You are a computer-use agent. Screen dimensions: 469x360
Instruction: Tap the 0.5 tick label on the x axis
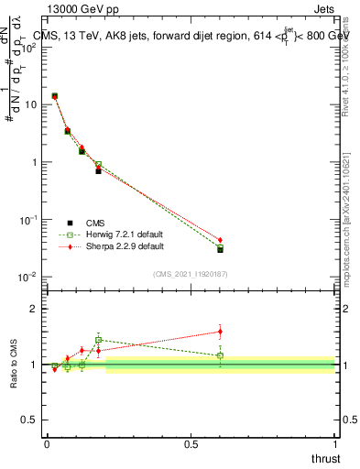coord(191,443)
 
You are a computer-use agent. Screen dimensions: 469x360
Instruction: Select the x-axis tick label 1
coord(335,443)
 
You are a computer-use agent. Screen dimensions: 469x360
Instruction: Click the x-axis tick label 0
coord(47,443)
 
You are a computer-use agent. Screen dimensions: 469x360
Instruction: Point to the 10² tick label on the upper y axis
coord(28,48)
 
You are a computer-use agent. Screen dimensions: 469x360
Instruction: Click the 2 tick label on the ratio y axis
coord(34,309)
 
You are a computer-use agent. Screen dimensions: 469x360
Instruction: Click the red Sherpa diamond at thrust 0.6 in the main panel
coord(220,240)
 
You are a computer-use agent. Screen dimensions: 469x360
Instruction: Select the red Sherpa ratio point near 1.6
coord(220,332)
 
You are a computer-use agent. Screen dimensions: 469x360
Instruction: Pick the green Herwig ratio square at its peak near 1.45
coord(98,340)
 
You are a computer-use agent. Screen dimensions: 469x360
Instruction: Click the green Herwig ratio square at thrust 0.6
coord(220,355)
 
